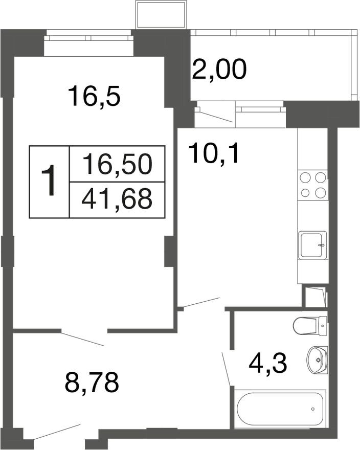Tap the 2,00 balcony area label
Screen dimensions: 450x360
pos(219,70)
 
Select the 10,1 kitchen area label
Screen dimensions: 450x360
pos(214,152)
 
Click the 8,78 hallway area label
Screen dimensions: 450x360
pos(92,382)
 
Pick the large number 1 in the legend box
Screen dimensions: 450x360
pos(50,182)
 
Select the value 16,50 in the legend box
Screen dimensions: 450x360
pos(117,164)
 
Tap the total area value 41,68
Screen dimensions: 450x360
pos(117,199)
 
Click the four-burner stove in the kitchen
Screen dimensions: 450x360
pos(312,185)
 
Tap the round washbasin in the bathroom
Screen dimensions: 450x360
pos(318,359)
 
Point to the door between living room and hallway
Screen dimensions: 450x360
pos(83,338)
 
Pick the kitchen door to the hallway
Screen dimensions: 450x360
pos(201,302)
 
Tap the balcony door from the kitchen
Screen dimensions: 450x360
pos(214,115)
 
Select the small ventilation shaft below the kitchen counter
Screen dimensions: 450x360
pos(314,297)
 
